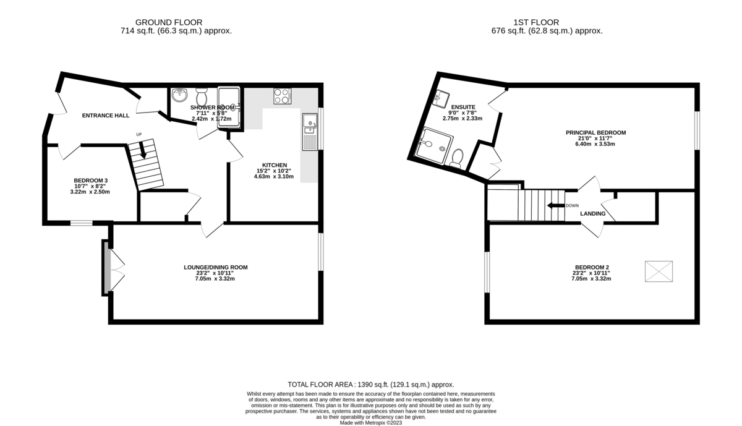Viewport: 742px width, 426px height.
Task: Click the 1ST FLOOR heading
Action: (547, 22)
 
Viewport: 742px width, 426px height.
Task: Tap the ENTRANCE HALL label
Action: (106, 116)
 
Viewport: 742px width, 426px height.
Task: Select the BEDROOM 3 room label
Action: (87, 181)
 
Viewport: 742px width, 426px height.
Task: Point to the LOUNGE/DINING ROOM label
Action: (215, 267)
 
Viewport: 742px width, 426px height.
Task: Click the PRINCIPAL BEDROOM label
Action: (595, 132)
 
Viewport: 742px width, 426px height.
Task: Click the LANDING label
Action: (592, 214)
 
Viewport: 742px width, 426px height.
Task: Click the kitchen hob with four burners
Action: (282, 96)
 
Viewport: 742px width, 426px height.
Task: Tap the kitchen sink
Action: (309, 131)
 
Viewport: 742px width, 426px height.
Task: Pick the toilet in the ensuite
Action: (456, 159)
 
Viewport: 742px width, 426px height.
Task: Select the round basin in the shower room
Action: (179, 95)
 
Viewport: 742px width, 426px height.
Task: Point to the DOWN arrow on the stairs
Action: (555, 205)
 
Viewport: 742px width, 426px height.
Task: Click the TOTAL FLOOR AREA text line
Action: (371, 384)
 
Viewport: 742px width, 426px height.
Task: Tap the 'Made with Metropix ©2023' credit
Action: (371, 423)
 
